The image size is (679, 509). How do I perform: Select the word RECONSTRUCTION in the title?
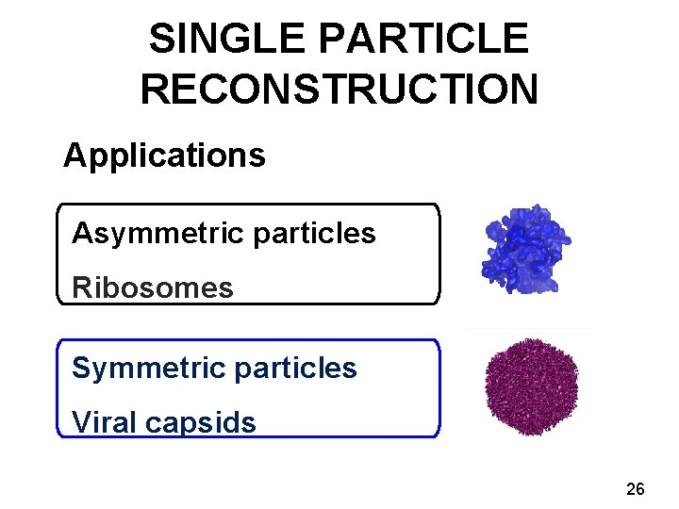(339, 90)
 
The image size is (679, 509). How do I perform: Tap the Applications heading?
(164, 156)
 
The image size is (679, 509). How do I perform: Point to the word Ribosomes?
(153, 287)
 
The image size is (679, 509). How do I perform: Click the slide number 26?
(636, 488)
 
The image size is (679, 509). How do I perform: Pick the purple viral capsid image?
(529, 386)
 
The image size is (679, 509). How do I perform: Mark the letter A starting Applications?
(74, 156)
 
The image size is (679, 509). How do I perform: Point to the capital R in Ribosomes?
(81, 287)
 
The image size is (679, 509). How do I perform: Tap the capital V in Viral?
(81, 422)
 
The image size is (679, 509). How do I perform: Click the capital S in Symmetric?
(80, 368)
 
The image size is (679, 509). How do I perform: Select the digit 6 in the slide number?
(640, 488)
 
